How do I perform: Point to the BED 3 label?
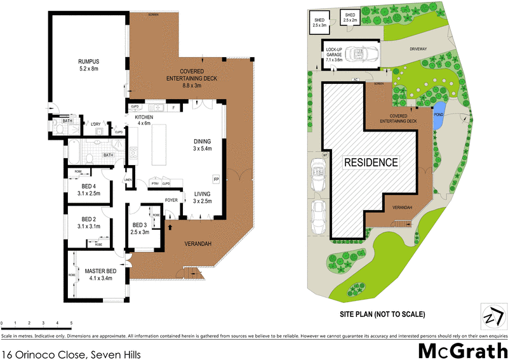[x=139, y=225]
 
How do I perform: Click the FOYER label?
[x=171, y=201]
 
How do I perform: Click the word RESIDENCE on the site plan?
[x=371, y=163]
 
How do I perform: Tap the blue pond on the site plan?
[x=438, y=115]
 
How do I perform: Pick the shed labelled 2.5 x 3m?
[x=319, y=22]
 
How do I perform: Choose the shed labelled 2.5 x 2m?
[x=351, y=18]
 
